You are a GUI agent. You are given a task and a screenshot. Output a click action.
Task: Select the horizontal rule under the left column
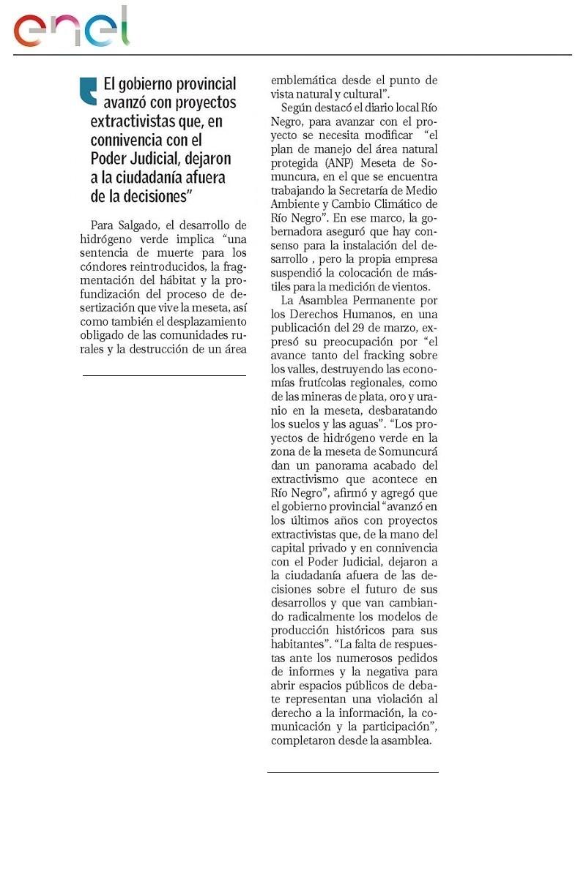tap(164, 375)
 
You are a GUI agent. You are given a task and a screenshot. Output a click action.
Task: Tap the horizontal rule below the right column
tap(352, 772)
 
